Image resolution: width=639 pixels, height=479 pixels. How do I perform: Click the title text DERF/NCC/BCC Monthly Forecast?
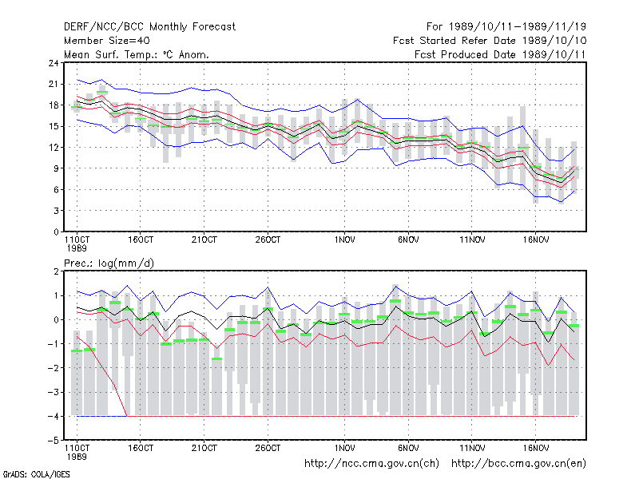149,27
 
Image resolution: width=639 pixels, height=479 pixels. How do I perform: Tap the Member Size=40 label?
107,41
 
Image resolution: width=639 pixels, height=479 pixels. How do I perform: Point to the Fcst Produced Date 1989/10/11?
500,54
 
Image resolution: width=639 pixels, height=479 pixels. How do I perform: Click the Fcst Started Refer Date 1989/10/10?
490,41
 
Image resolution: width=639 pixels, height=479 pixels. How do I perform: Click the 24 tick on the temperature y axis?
54,63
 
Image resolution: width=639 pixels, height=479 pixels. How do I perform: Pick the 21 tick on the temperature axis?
54,85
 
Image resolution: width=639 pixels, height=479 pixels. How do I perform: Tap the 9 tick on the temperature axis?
56,168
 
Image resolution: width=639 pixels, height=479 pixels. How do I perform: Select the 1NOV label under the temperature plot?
345,240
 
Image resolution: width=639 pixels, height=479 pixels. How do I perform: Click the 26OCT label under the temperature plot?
268,240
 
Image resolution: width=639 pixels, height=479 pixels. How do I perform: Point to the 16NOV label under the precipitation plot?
536,448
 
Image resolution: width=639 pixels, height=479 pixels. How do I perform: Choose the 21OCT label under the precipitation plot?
204,448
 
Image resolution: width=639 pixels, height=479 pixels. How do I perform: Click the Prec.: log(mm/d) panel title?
109,263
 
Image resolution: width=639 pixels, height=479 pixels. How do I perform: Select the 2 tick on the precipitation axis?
56,271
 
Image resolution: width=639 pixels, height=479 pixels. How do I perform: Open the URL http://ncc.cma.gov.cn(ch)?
371,464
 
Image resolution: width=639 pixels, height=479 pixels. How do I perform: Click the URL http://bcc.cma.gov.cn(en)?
518,464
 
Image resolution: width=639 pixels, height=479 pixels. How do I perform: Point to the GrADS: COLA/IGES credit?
36,474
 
